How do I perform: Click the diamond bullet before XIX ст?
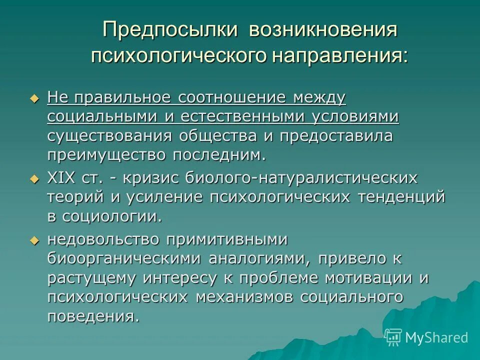34,178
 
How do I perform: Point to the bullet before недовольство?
34,240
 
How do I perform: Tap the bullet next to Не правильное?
34,98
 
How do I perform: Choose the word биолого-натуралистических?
301,177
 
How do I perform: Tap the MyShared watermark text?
436,337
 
